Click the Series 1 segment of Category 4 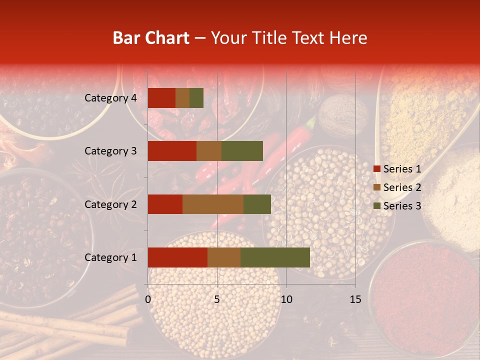click(161, 98)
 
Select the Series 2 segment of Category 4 click(182, 98)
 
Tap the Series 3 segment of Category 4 click(196, 98)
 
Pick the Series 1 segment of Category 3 click(172, 151)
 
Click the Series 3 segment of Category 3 click(242, 151)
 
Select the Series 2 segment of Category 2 click(213, 204)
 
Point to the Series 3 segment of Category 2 click(257, 204)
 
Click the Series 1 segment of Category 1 click(177, 257)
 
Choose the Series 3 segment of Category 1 click(275, 257)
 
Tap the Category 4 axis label click(110, 98)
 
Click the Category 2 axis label click(110, 204)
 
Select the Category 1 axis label click(110, 257)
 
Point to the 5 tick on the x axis click(217, 299)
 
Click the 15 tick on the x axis click(355, 299)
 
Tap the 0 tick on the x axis click(148, 299)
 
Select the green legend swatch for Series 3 click(377, 206)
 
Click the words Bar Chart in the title click(151, 37)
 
